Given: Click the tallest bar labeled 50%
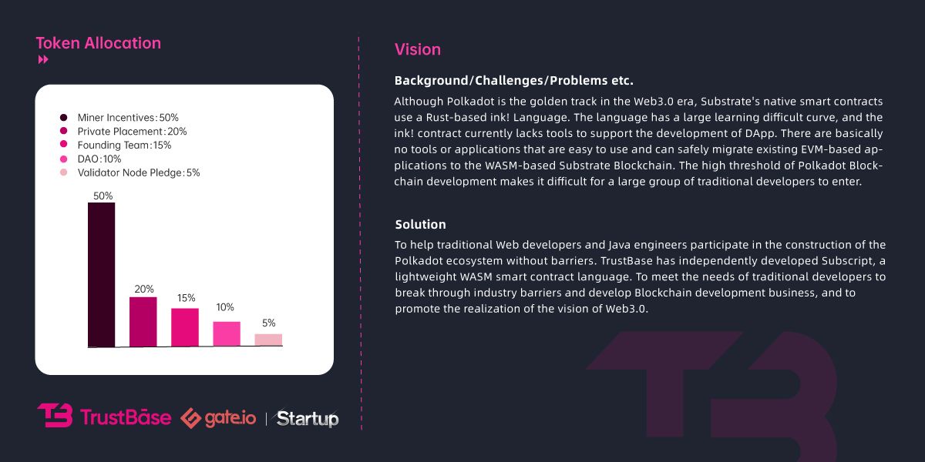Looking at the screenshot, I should tap(101, 274).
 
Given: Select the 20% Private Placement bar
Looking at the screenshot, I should tap(143, 321).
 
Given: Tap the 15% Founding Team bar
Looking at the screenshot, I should tap(185, 327).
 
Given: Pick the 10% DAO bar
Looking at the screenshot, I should tap(227, 333).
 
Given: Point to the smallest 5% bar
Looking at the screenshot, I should tap(268, 340).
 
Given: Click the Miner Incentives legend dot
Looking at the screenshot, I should tap(63, 118).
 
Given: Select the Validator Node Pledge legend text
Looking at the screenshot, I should tap(139, 173).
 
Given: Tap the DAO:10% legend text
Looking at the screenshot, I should tap(99, 159).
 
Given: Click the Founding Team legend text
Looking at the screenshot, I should tap(124, 146).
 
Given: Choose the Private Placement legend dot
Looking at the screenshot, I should tap(63, 132).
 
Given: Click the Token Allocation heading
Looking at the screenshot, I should tap(99, 43).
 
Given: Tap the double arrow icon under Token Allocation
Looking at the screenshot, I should tap(43, 60).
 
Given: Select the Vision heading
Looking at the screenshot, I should tap(418, 50).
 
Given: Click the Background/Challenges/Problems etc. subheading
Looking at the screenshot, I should tap(513, 80).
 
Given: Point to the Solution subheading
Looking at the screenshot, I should tap(421, 225).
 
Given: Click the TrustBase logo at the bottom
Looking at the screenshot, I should tap(104, 417).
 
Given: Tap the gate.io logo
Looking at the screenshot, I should tap(218, 417).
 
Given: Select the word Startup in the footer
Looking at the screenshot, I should tap(308, 418).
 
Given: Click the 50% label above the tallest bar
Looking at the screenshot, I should tap(103, 196).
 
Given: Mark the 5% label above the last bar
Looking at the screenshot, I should tap(268, 323).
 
